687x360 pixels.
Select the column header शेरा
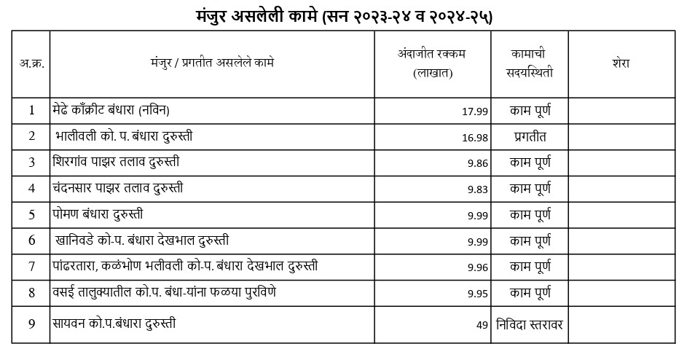click(621, 63)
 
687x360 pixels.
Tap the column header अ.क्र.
click(31, 63)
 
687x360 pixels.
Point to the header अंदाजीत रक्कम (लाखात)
click(432, 63)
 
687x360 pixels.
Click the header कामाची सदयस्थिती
click(530, 63)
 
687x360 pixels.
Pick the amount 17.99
click(474, 111)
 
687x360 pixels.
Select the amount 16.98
click(474, 138)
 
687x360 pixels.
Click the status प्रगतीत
click(530, 136)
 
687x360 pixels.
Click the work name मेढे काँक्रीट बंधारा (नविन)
click(111, 110)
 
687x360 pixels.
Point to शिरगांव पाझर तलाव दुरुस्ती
click(116, 162)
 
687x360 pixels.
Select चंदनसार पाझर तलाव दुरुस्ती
click(117, 188)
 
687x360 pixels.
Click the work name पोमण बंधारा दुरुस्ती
click(98, 214)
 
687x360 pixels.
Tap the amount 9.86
click(477, 163)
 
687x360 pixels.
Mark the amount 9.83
click(477, 189)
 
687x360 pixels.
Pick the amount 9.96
click(477, 267)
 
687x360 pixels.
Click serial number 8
click(31, 293)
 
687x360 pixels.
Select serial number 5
click(31, 215)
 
